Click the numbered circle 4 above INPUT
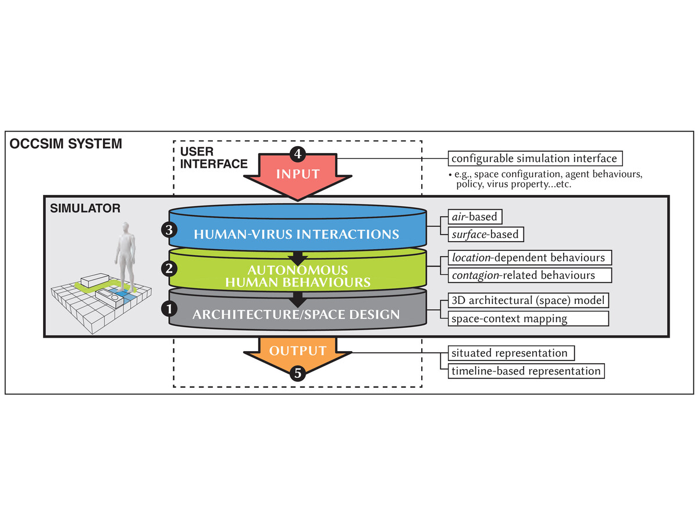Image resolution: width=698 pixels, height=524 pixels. pyautogui.click(x=297, y=154)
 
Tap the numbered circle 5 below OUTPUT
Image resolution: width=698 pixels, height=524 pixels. pyautogui.click(x=297, y=373)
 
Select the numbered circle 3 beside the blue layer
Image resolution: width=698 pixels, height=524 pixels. pyautogui.click(x=169, y=230)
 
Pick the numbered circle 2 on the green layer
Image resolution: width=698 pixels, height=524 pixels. pyautogui.click(x=169, y=270)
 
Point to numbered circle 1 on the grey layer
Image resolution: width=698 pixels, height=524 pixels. pyautogui.click(x=169, y=309)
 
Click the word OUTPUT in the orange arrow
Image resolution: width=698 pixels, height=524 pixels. pyautogui.click(x=297, y=350)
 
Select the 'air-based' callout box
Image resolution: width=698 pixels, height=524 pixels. pyautogui.click(x=475, y=217)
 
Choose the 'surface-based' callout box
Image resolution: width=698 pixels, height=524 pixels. pyautogui.click(x=486, y=235)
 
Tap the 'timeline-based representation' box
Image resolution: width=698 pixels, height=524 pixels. pyautogui.click(x=526, y=371)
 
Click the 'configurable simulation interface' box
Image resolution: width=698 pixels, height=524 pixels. pyautogui.click(x=535, y=158)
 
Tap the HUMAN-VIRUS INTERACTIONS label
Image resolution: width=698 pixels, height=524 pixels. pyautogui.click(x=297, y=234)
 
